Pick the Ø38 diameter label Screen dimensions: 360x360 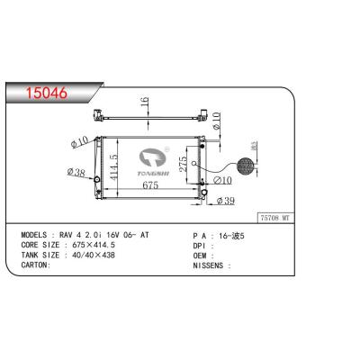pos(77,172)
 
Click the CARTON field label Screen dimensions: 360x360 pos(38,265)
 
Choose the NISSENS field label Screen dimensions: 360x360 pos(212,265)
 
